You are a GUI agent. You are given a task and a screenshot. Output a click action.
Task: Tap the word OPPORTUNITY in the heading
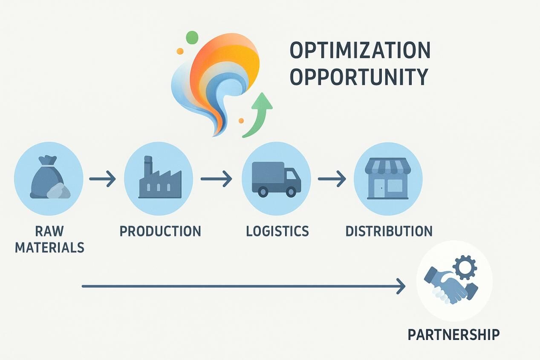pyautogui.click(x=359, y=77)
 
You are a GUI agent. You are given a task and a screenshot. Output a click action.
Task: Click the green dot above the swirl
pyautogui.click(x=193, y=37)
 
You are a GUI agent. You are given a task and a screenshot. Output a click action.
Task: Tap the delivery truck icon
pyautogui.click(x=276, y=179)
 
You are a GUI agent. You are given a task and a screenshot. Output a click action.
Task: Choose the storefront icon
pyautogui.click(x=388, y=179)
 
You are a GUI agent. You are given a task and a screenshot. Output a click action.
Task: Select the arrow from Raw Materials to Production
pyautogui.click(x=103, y=179)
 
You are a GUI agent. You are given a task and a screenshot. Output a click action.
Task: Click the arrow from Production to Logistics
pyautogui.click(x=217, y=179)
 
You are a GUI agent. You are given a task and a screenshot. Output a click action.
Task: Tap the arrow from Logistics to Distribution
pyautogui.click(x=332, y=179)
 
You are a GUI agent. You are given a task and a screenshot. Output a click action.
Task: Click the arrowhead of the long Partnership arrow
pyautogui.click(x=401, y=286)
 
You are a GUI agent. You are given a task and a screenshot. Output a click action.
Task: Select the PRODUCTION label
pyautogui.click(x=160, y=231)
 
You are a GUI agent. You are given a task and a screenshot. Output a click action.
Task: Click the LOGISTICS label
pyautogui.click(x=277, y=231)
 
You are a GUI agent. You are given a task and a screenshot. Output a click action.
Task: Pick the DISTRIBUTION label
pyautogui.click(x=389, y=231)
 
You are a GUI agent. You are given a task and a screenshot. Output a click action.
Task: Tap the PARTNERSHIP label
pyautogui.click(x=453, y=334)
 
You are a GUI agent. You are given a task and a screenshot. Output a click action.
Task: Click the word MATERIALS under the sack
pyautogui.click(x=49, y=248)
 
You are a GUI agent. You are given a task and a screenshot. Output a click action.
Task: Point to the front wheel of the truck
pyautogui.click(x=291, y=192)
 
